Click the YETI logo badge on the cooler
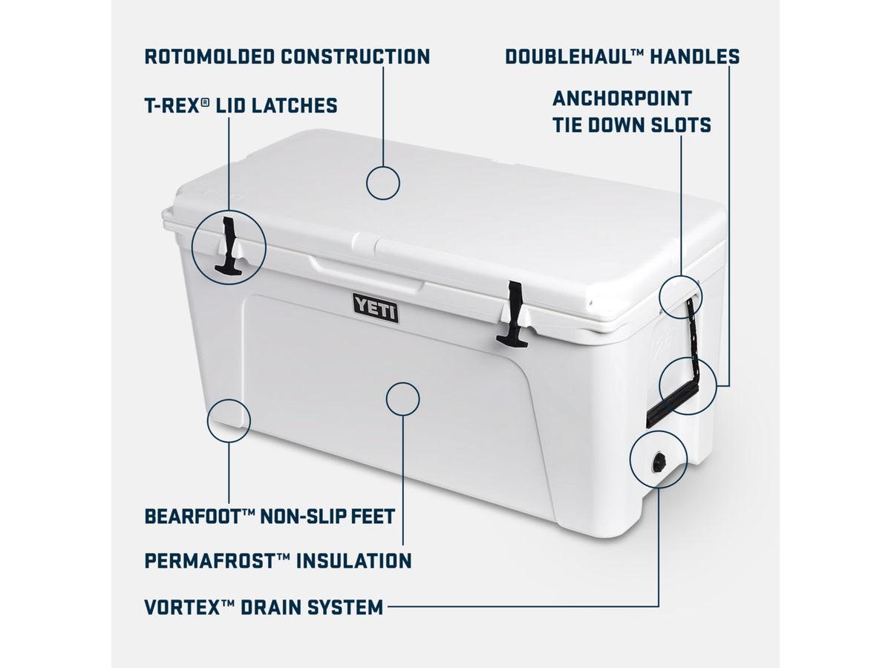pos(376,308)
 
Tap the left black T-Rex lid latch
pos(229,246)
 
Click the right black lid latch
pos(513,314)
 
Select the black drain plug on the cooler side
pos(659,462)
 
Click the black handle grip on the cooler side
pos(672,405)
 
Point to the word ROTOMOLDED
pos(209,56)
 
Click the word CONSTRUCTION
pos(356,56)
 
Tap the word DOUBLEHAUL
pos(568,56)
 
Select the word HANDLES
pos(694,56)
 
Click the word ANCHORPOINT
pos(622,99)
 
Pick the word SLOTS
pos(681,125)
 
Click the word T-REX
pos(172,105)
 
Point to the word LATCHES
pos(294,105)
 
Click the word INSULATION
pos(354,561)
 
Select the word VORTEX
pos(183,607)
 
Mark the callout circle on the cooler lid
pos(383,166)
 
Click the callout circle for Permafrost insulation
pos(402,382)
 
